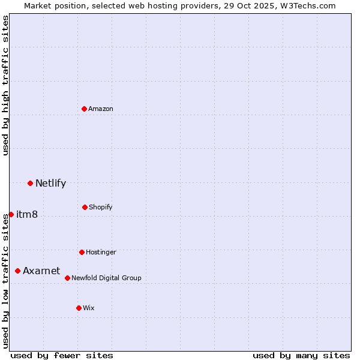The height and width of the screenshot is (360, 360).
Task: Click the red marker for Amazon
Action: [85, 109]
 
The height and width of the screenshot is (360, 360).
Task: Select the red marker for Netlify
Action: [30, 183]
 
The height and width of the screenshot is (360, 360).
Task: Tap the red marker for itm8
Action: [11, 214]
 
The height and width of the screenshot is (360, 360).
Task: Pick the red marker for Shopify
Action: [85, 207]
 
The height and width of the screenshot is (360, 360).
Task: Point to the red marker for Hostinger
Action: [82, 252]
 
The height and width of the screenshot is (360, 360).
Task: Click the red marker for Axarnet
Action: [17, 271]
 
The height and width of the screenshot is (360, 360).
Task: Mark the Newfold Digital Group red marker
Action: [67, 278]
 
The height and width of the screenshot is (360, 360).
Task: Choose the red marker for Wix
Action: [79, 308]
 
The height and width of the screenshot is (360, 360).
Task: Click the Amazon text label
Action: [101, 109]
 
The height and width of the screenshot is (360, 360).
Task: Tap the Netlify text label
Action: [50, 183]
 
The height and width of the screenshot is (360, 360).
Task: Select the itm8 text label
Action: [27, 214]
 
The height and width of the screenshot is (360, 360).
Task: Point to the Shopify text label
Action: [101, 207]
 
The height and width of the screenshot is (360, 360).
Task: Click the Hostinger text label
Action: [101, 252]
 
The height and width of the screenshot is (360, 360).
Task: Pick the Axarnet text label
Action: [41, 271]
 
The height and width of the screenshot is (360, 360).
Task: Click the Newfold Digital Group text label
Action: [106, 278]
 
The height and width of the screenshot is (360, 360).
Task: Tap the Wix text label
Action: [89, 308]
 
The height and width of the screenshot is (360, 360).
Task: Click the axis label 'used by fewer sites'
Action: [62, 355]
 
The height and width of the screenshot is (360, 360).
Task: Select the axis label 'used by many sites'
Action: [301, 355]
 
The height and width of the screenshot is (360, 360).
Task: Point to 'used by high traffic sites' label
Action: [5, 86]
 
